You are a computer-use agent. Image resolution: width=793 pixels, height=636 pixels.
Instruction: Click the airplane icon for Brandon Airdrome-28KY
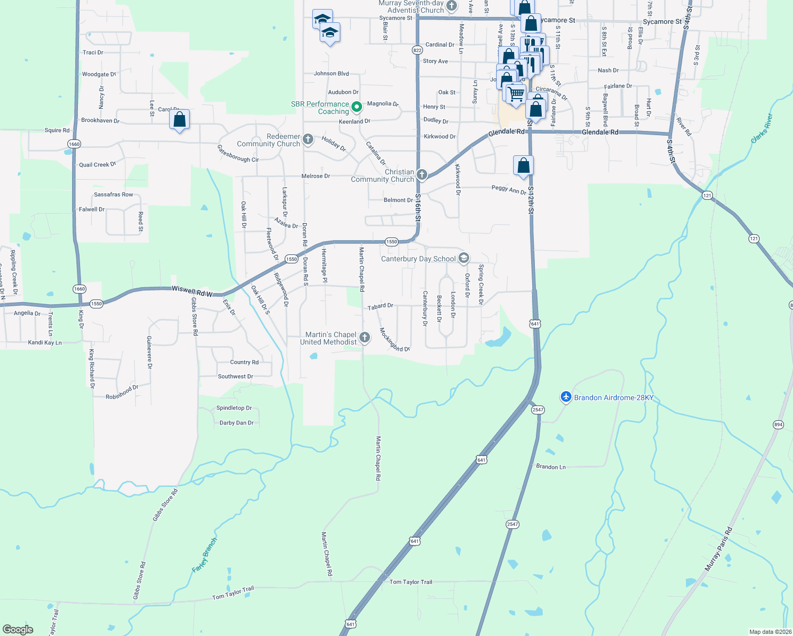pos(566,397)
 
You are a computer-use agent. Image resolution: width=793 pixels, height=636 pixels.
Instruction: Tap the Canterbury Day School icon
pos(464,258)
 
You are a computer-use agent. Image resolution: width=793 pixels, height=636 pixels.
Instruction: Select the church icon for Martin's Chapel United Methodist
pos(365,338)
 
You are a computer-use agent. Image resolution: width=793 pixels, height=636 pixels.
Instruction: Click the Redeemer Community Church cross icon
pos(308,139)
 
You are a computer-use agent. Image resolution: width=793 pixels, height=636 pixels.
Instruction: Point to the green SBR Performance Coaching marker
pos(357,107)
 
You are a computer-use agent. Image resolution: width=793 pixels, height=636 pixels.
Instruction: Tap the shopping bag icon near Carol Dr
pos(180,119)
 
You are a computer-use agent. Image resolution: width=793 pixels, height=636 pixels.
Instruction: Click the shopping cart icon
pos(516,94)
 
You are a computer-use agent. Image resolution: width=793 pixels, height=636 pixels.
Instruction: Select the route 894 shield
pos(778,425)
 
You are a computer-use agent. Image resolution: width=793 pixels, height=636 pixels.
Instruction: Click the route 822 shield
pos(417,50)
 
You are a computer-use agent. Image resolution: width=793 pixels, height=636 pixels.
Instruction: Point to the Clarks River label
pos(762,128)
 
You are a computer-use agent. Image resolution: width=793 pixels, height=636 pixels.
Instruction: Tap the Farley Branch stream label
pos(204,555)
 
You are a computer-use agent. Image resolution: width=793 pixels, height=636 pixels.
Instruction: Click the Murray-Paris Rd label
pos(718,550)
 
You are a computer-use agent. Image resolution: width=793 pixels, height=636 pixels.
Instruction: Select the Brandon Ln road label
pos(551,467)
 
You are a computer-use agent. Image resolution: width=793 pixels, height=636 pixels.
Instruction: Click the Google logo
pos(18,629)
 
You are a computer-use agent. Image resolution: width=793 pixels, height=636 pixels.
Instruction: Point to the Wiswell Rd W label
pos(192,291)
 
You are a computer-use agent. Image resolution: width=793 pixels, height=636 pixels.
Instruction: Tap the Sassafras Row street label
pos(113,195)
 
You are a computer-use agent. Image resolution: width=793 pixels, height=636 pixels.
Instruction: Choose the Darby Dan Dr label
pos(236,423)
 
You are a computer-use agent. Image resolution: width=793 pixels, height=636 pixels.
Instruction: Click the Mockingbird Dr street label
pos(394,340)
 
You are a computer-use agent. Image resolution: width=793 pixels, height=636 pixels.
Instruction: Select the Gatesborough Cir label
pos(238,154)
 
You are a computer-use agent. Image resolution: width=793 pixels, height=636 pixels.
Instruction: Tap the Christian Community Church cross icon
pos(422,174)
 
